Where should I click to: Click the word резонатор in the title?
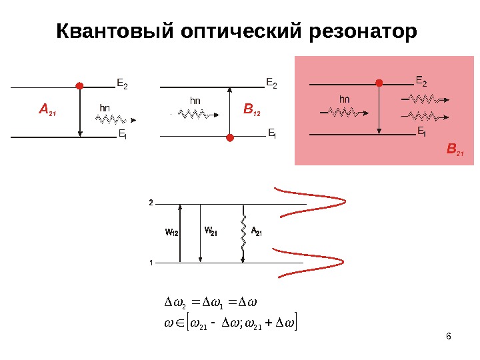point(365,31)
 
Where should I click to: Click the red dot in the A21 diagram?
point(80,86)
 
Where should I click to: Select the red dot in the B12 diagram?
point(230,138)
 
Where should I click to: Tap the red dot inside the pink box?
point(379,83)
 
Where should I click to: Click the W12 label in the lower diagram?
point(171,233)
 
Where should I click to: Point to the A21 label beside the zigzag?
point(257,232)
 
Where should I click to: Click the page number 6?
point(449,335)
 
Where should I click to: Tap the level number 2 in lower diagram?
point(151,201)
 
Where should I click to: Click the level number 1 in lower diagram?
point(151,263)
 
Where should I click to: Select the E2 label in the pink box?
point(421,81)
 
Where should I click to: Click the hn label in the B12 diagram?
point(195,101)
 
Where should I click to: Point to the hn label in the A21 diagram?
point(105,107)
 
